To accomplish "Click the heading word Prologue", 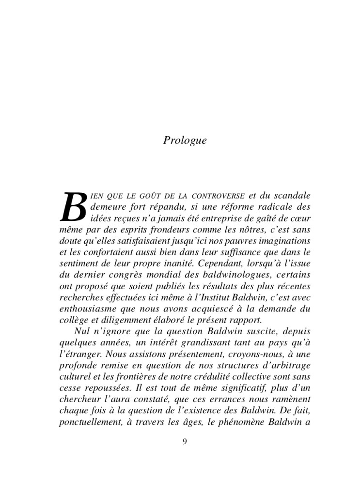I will (185, 140).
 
